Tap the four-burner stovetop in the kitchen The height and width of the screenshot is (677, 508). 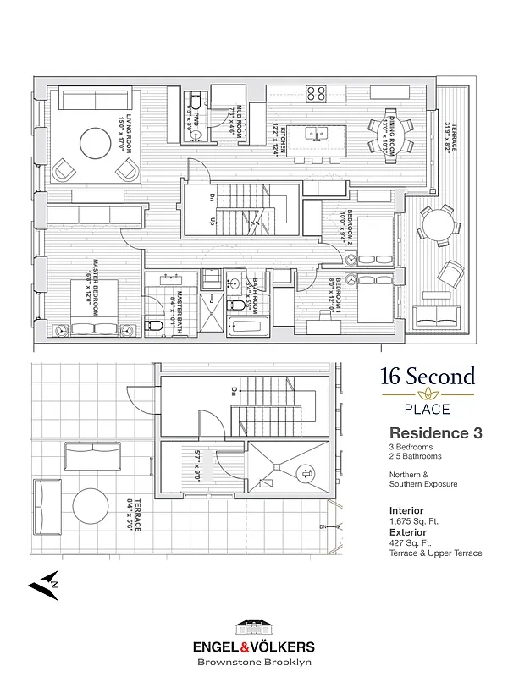pyautogui.click(x=317, y=93)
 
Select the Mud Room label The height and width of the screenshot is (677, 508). pyautogui.click(x=236, y=124)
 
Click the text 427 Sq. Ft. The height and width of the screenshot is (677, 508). pyautogui.click(x=411, y=543)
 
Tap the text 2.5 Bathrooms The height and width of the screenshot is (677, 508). pyautogui.click(x=417, y=456)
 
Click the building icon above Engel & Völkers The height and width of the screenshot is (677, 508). pyautogui.click(x=254, y=627)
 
